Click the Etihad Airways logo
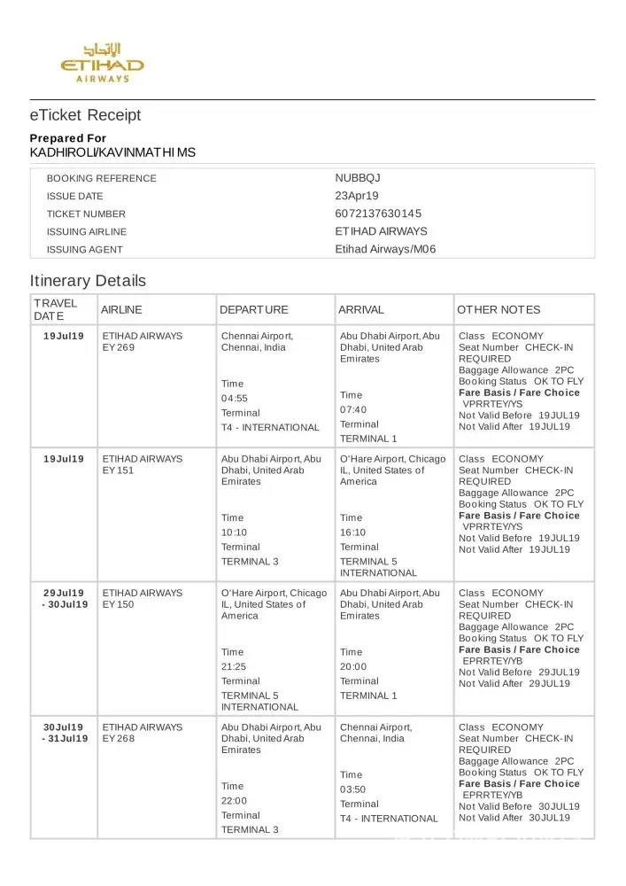[x=102, y=62]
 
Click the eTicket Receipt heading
[x=85, y=115]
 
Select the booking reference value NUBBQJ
[x=358, y=178]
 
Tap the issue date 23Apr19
[x=357, y=196]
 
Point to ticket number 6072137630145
[x=378, y=214]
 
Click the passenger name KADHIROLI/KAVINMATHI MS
[x=112, y=152]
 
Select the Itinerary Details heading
[x=88, y=281]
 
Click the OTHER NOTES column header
[x=498, y=310]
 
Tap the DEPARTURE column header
[x=254, y=310]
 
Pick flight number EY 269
[x=119, y=347]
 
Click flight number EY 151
[x=119, y=470]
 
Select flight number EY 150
[x=119, y=604]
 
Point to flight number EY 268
[x=119, y=738]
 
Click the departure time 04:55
[x=235, y=398]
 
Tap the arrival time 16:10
[x=353, y=532]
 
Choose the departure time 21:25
[x=235, y=666]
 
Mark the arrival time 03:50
[x=353, y=789]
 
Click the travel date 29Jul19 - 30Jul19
[x=64, y=598]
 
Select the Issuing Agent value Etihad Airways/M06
[x=385, y=249]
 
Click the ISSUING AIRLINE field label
[x=86, y=231]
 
